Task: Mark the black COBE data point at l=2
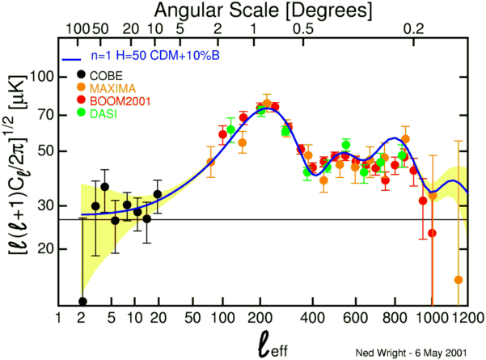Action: (x=82, y=302)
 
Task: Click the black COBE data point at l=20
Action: (x=158, y=194)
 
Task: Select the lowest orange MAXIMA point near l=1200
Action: (x=459, y=280)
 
